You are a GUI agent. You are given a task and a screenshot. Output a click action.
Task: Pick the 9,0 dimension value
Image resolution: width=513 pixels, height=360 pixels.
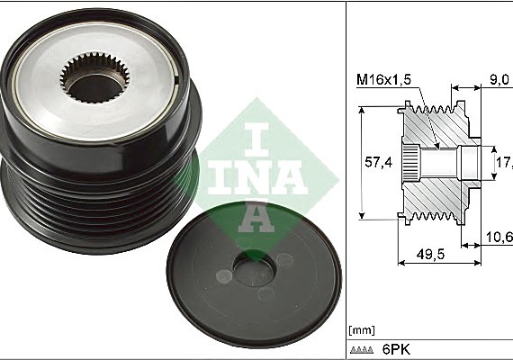(499, 79)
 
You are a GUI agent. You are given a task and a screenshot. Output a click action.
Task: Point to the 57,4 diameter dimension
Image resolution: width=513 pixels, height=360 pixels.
(377, 163)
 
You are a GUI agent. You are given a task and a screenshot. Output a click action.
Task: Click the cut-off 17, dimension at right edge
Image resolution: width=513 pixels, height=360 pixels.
(504, 163)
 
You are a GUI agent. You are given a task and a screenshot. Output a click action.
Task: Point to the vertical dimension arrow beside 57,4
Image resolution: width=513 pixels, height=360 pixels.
(363, 162)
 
